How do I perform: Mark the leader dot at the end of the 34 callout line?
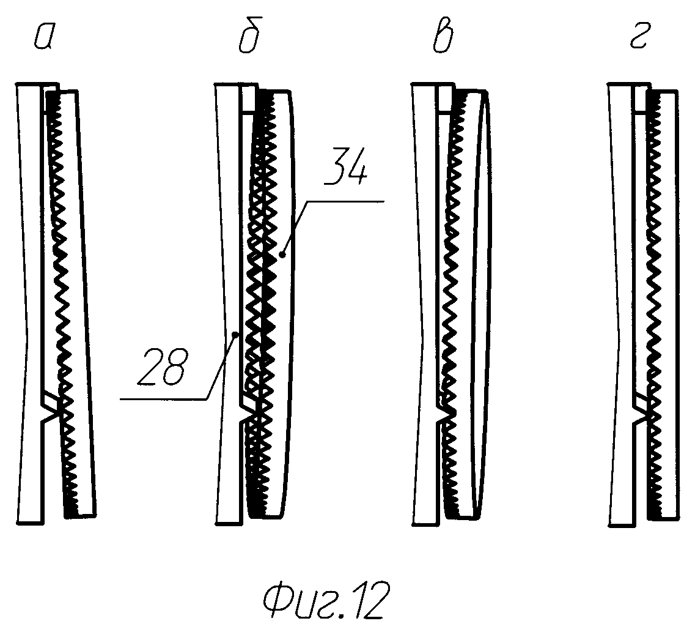click(x=282, y=253)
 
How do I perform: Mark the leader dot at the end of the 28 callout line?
click(x=236, y=334)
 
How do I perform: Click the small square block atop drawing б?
click(x=248, y=99)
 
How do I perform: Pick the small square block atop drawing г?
click(x=641, y=99)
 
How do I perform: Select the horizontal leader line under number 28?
click(x=163, y=399)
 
